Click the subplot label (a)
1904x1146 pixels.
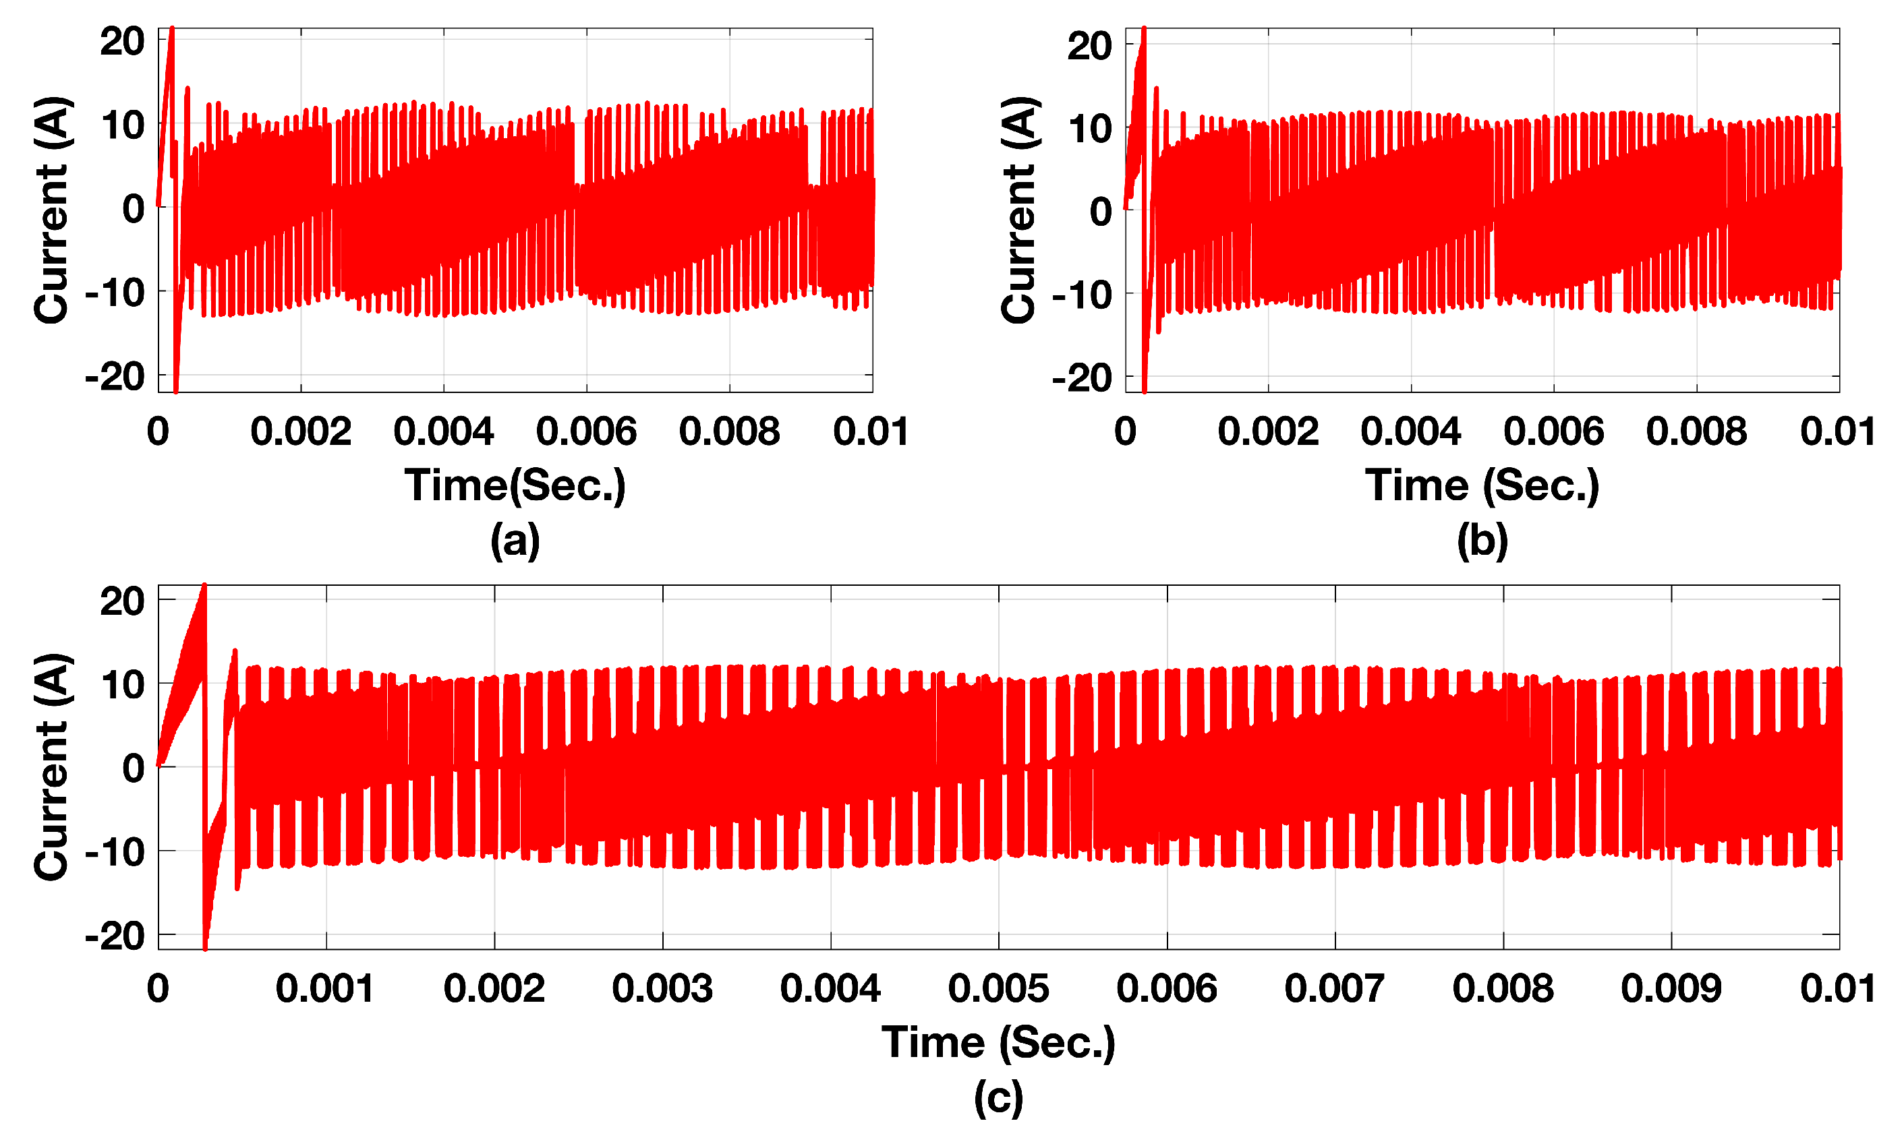click(515, 540)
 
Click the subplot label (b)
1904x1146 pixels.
click(1482, 540)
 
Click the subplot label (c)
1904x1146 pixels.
click(998, 1097)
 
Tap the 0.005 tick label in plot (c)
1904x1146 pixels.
click(998, 988)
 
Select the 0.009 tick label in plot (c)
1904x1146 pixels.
click(1671, 988)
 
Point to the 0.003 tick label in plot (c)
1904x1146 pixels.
click(662, 988)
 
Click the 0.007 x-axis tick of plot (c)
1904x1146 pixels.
click(1334, 988)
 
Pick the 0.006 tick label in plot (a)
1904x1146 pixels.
click(586, 431)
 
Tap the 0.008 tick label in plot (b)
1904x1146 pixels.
click(1696, 431)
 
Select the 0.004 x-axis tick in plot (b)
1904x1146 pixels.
click(1410, 431)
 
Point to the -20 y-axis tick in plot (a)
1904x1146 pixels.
click(115, 377)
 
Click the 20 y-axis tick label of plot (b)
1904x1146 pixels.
click(1089, 46)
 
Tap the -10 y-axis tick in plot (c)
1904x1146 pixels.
click(115, 852)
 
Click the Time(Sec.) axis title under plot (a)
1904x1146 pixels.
click(515, 485)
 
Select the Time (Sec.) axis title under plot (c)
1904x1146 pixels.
click(998, 1042)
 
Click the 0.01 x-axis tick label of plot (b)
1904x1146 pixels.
click(1838, 431)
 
